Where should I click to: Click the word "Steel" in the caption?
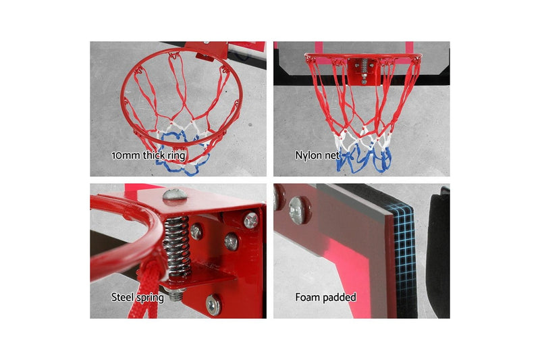coord(123,297)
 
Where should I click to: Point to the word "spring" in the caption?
coord(151,297)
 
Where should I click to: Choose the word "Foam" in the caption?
coord(308,297)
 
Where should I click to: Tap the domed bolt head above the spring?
coord(173,197)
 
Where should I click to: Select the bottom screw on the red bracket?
coord(213,306)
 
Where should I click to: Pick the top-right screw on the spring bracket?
coord(250,220)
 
